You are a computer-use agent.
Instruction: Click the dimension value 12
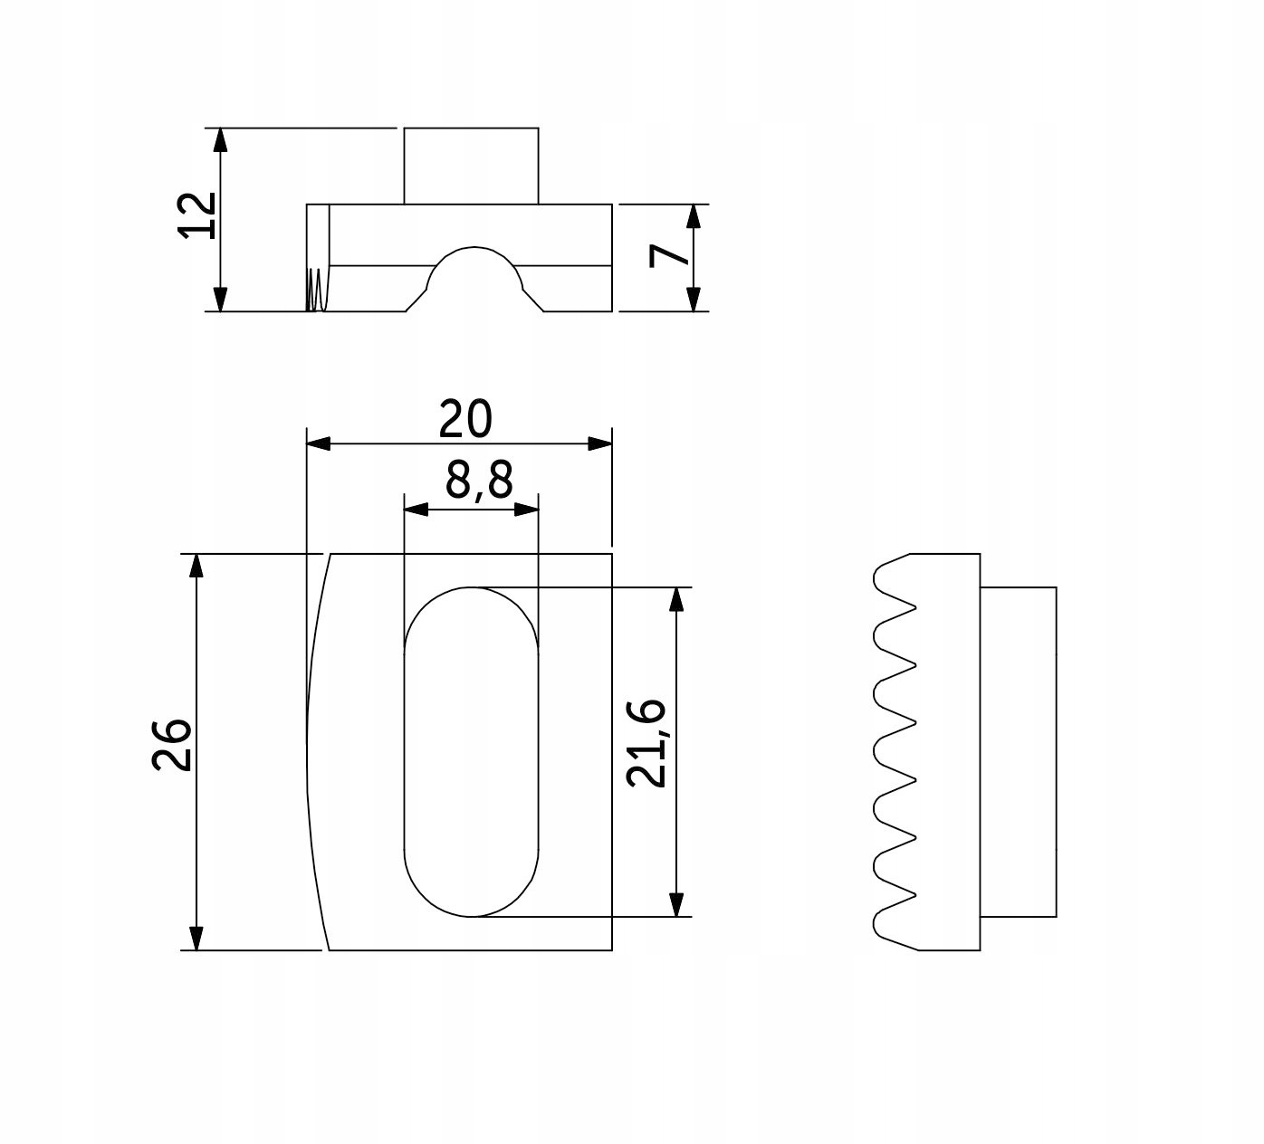[x=197, y=215]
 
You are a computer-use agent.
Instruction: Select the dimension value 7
[x=668, y=256]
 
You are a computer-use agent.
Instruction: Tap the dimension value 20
[x=465, y=419]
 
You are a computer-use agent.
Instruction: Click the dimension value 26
[x=171, y=745]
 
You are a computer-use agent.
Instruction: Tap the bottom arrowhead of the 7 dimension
[x=693, y=300]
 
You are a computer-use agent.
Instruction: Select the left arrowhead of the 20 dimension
[x=318, y=443]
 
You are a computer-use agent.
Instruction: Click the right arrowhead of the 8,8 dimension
[x=527, y=510]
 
